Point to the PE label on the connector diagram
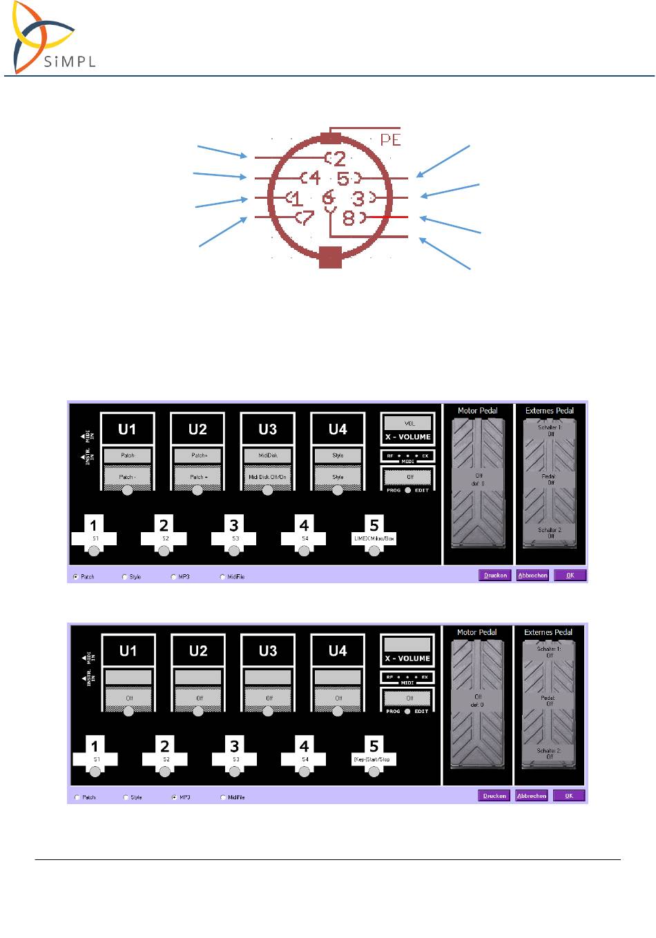click(390, 139)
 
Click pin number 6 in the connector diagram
click(329, 198)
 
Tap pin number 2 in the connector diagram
click(338, 159)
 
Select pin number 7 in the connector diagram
click(305, 218)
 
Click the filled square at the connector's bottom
click(331, 257)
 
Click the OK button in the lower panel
click(569, 796)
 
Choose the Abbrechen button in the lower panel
click(532, 796)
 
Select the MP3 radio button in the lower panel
click(174, 797)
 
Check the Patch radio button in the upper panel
click(75, 576)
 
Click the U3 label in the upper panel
click(267, 429)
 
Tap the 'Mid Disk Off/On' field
click(267, 476)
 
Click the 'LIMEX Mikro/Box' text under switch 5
click(374, 538)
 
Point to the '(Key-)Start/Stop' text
click(372, 759)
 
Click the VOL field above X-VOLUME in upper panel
click(409, 422)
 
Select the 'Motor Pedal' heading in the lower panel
click(476, 632)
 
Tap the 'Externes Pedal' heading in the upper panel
click(549, 411)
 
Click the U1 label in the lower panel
click(128, 651)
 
